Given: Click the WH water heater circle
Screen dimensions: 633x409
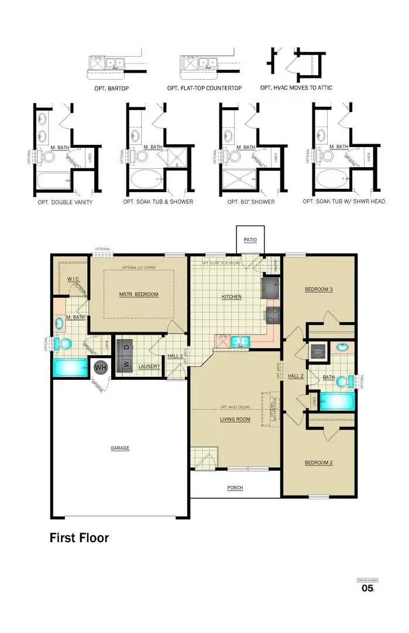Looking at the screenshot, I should (x=101, y=367).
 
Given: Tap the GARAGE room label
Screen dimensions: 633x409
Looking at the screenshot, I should (x=120, y=448).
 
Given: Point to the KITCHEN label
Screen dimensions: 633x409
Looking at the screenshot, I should (x=232, y=297).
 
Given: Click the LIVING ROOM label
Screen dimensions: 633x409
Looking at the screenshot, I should (x=235, y=419).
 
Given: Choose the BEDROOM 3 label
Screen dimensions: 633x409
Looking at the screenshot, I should (x=319, y=290).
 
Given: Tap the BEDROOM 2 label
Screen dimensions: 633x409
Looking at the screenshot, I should (x=319, y=463).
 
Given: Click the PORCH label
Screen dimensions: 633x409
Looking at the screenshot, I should (x=235, y=488).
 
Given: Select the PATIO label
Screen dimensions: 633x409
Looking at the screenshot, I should (x=250, y=239).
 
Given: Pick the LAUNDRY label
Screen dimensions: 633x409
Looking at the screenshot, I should (x=149, y=367).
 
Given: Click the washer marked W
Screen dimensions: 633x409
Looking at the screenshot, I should (x=125, y=364).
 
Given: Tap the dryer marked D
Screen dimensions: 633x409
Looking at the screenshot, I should (x=125, y=346).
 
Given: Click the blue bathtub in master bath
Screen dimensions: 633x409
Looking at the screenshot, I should (x=69, y=369).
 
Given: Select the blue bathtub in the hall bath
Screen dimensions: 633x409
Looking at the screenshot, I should (x=338, y=402).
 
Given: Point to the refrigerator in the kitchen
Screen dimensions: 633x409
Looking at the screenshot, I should (x=271, y=287).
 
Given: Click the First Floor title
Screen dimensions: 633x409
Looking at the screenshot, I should (x=79, y=537).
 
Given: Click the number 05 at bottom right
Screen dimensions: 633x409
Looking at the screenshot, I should (x=367, y=588).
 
